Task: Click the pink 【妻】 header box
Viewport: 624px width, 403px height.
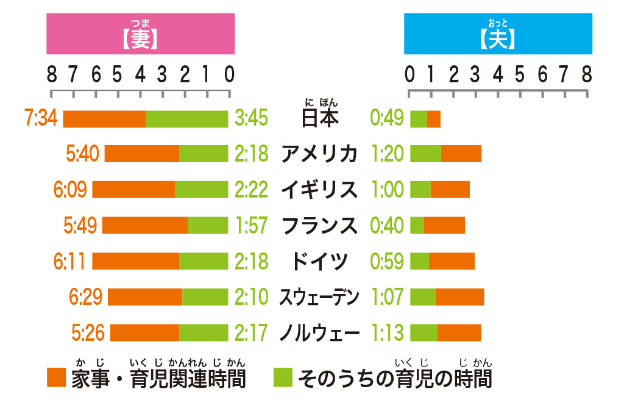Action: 140,34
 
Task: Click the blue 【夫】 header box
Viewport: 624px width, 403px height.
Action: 498,34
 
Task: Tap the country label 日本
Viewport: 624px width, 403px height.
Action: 319,118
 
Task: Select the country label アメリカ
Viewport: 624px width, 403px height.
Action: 319,154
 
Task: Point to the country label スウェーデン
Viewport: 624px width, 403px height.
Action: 319,297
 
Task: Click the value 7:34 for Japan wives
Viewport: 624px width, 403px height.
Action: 41,118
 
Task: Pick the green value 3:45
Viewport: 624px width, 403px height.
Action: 251,118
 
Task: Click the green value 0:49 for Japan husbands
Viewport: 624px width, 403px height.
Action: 387,118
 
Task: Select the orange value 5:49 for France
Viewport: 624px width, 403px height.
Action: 80,226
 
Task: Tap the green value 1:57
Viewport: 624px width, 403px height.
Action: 251,226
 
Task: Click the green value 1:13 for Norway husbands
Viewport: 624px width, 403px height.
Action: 387,333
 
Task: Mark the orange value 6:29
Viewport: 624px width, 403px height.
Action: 86,297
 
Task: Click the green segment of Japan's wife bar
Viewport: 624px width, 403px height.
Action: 186,119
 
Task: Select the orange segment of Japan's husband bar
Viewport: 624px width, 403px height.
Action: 433,119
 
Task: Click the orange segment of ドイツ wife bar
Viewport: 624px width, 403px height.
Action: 135,261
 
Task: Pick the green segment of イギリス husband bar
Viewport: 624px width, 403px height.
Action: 420,190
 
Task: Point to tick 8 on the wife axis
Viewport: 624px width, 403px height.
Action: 52,75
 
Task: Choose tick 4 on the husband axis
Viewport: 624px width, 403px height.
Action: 498,75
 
